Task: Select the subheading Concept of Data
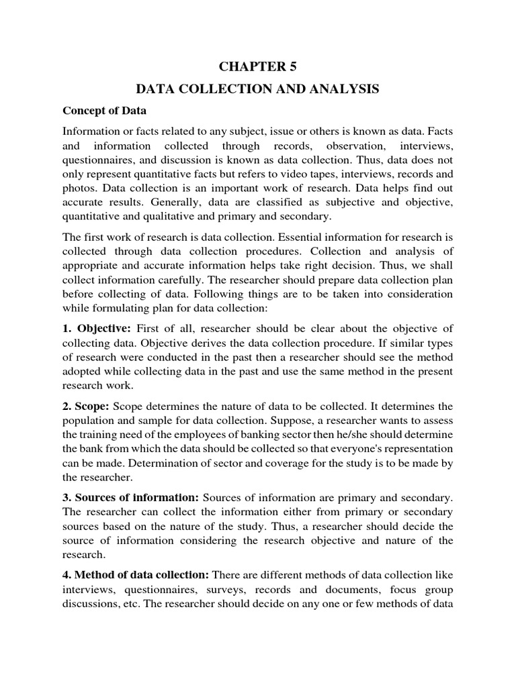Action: (x=104, y=110)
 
